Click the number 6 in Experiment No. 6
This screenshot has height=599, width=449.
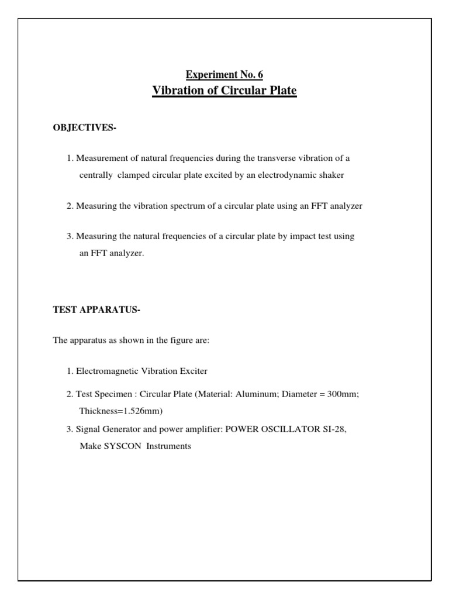click(260, 74)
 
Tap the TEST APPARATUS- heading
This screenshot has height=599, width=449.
click(97, 310)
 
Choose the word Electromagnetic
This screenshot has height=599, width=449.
click(114, 371)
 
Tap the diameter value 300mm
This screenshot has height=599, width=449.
click(342, 394)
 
